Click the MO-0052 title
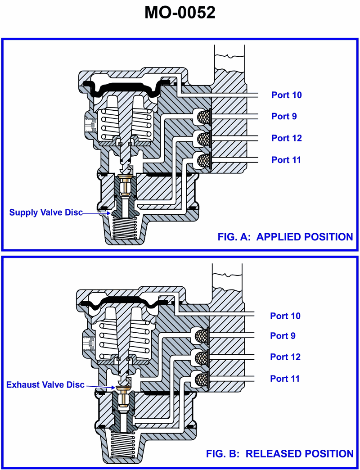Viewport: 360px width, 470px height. pos(180,12)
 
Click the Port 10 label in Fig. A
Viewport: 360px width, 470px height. pos(286,95)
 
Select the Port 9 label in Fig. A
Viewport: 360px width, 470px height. pos(283,116)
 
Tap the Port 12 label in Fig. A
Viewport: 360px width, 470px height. pos(286,138)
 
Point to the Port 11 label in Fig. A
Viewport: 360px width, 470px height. pos(286,160)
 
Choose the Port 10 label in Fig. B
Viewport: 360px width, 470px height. pos(285,316)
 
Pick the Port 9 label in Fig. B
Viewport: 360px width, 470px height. pos(283,336)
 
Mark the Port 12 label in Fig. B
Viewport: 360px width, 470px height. pos(285,357)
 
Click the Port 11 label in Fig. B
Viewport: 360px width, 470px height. pos(285,379)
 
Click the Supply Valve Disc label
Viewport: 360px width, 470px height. pos(46,212)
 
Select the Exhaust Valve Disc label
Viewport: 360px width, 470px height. pos(45,385)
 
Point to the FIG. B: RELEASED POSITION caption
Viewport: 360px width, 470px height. pos(279,453)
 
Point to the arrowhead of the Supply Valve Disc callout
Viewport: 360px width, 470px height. pos(109,212)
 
